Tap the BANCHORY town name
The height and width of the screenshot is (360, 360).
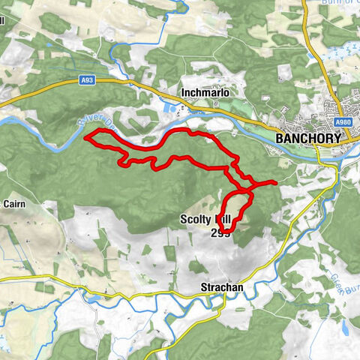[x=308, y=139]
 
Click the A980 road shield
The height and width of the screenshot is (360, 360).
[x=343, y=122]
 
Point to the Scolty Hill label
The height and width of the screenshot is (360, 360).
[x=204, y=220]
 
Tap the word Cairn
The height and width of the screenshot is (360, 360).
[x=15, y=202]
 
